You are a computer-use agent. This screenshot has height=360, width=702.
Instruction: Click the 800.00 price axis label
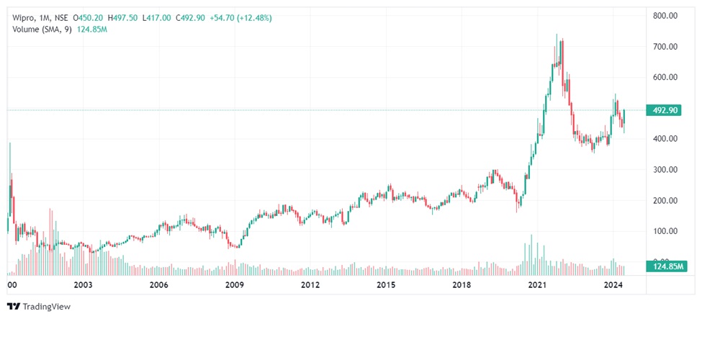pos(666,15)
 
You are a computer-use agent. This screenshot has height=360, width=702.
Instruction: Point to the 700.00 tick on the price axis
pos(666,47)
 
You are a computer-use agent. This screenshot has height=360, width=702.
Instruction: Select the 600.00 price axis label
pos(666,78)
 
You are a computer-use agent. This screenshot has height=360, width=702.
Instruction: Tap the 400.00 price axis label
pos(666,139)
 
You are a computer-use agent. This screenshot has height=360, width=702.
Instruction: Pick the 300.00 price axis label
pos(666,170)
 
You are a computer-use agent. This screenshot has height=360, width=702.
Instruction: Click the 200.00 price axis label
pos(666,201)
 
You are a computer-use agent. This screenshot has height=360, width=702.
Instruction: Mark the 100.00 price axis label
pos(666,232)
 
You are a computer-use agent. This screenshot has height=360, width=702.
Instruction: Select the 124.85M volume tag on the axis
pos(667,267)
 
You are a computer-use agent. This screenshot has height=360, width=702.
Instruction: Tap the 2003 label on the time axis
pos(83,285)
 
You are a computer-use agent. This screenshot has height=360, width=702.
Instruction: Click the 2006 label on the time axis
pos(159,285)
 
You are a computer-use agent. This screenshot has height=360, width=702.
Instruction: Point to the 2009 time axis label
pos(235,285)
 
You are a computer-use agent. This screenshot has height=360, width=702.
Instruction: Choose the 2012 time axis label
pos(310,285)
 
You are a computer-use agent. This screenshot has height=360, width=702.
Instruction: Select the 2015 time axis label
pos(386,285)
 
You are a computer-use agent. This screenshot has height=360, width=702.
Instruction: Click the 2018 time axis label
pos(462,285)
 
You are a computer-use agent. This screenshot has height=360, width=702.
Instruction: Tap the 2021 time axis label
pos(537,285)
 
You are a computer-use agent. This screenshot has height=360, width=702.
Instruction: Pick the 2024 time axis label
pos(613,285)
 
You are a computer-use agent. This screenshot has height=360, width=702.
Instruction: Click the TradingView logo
pos(39,307)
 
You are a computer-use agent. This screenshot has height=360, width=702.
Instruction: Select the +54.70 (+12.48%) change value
pos(242,17)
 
